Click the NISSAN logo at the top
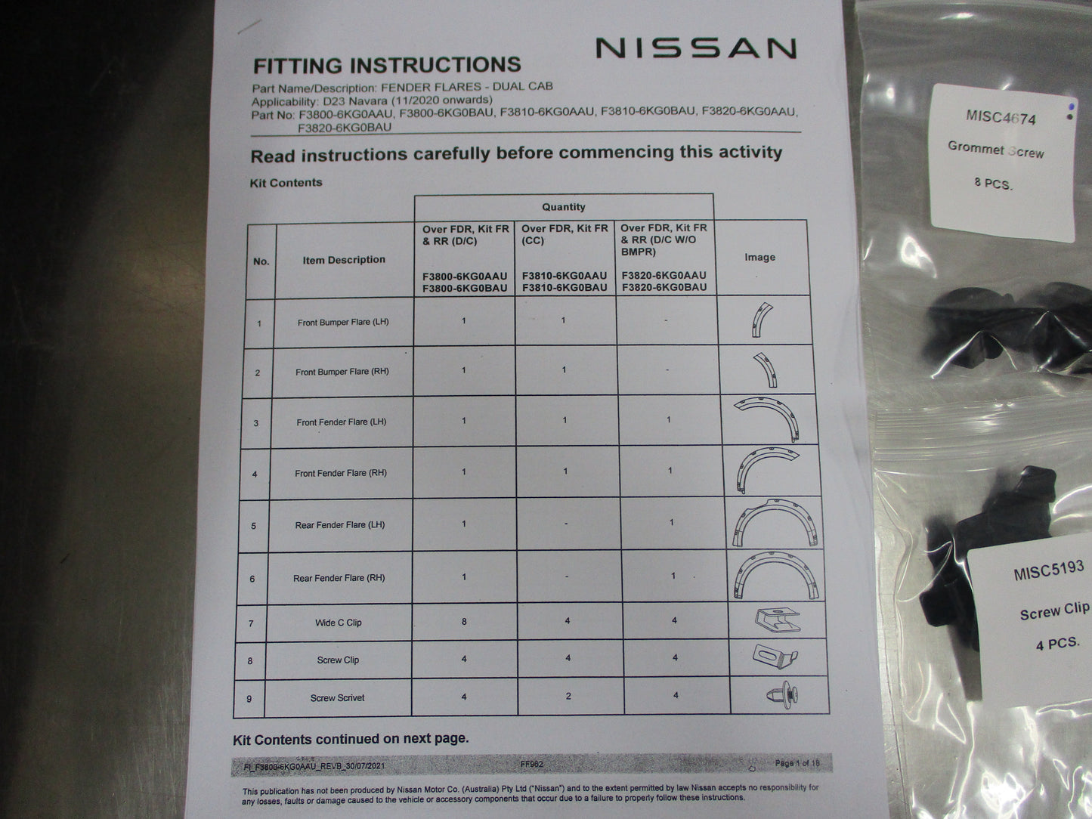pos(696,48)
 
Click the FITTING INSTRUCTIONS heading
pos(387,65)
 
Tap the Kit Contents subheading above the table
pos(286,183)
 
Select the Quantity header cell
pos(564,207)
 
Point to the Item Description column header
pos(344,260)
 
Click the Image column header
pos(759,257)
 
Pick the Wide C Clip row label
pos(339,623)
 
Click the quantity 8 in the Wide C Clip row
pos(464,621)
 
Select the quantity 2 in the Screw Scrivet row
pos(568,696)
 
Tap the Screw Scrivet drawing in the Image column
pos(783,694)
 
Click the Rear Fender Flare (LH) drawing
pos(775,523)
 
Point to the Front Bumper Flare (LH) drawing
pos(762,320)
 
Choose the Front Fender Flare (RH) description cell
pos(341,473)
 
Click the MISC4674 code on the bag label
pos(1001,117)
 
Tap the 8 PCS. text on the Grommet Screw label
pos(993,184)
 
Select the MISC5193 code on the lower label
pos(1049,570)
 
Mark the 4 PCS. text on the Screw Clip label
pos(1058,644)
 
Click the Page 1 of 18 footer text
pos(797,763)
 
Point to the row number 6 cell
pos(252,579)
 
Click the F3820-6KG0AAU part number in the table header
pos(664,275)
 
